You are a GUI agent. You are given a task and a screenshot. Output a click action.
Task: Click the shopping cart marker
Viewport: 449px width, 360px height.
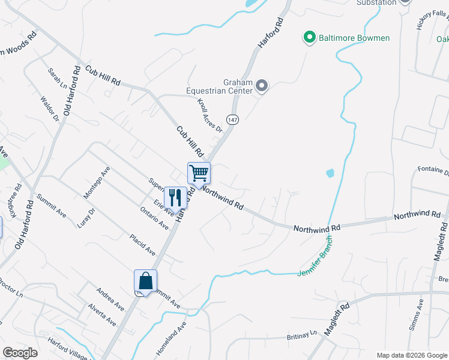199,173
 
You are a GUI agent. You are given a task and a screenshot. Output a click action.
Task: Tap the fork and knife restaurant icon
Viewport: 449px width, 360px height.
175,196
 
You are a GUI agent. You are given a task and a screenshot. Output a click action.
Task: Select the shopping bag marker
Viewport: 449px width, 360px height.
145,281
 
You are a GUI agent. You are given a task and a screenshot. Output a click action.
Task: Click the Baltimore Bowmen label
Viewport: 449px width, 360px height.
354,38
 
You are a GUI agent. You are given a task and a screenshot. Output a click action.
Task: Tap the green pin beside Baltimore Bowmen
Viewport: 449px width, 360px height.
310,38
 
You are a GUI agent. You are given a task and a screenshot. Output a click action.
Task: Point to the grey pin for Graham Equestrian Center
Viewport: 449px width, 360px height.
261,87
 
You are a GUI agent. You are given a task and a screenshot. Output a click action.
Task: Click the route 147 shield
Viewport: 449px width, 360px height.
233,119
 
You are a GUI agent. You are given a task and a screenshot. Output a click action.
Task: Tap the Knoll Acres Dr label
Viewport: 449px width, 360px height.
210,116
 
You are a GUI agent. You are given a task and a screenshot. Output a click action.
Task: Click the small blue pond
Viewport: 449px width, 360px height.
330,174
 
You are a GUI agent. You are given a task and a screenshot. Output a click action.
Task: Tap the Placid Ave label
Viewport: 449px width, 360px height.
142,244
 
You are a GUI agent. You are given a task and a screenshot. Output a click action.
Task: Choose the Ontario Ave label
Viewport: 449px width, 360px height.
154,217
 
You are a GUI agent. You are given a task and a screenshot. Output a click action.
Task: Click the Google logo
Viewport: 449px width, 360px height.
20,353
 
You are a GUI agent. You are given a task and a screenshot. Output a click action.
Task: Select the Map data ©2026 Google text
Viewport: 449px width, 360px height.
411,355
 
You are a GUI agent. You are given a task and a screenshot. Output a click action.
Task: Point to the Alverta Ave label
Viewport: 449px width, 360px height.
102,314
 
